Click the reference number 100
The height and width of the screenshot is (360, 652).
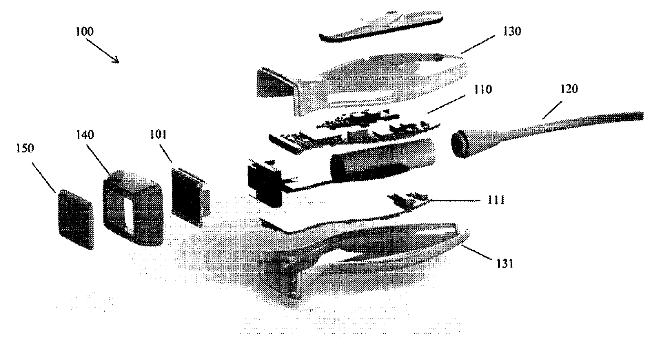[x=85, y=31]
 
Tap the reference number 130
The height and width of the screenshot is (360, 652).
[x=512, y=31]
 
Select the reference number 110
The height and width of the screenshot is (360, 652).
[x=483, y=89]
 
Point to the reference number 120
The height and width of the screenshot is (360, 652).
[x=569, y=89]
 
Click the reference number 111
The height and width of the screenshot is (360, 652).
[x=496, y=200]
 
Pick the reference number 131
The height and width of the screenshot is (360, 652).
[x=505, y=264]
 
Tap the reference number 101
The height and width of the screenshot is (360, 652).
[x=158, y=135]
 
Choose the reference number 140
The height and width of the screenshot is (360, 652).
[x=85, y=135]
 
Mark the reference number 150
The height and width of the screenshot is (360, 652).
[x=25, y=148]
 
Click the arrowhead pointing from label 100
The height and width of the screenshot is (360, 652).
[x=116, y=60]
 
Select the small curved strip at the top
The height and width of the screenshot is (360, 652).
[x=381, y=27]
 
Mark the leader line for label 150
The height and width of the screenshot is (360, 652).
[x=44, y=177]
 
